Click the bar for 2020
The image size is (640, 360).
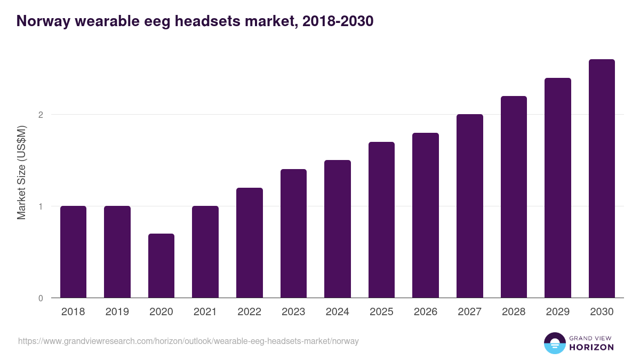(161, 266)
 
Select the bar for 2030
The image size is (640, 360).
(602, 179)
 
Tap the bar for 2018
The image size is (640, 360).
(73, 252)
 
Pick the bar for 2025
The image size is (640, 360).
(381, 220)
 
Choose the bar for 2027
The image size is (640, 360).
(469, 206)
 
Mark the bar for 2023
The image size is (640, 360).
(293, 234)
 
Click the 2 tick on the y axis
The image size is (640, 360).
(40, 115)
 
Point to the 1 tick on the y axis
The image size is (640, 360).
(40, 206)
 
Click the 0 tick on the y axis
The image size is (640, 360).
(40, 298)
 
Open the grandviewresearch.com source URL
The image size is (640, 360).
(188, 341)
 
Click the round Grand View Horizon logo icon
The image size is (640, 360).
(554, 343)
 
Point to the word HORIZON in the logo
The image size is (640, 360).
(591, 347)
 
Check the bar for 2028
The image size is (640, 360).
(514, 197)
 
